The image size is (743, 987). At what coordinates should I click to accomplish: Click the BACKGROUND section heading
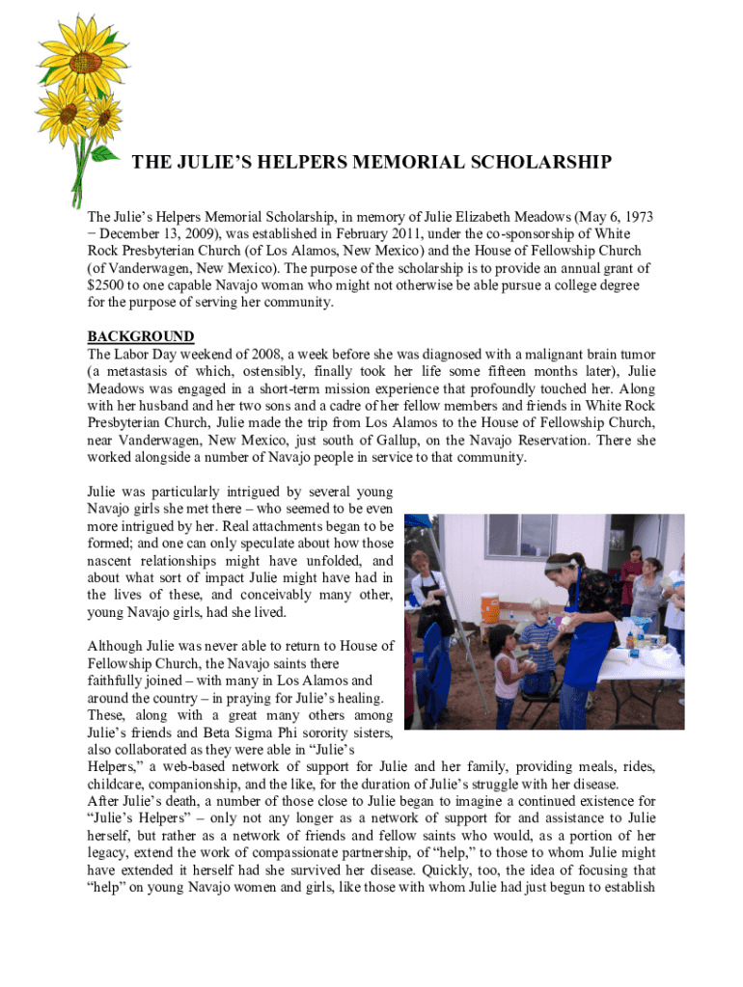141,336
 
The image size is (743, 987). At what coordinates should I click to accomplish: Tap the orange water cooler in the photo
490,609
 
